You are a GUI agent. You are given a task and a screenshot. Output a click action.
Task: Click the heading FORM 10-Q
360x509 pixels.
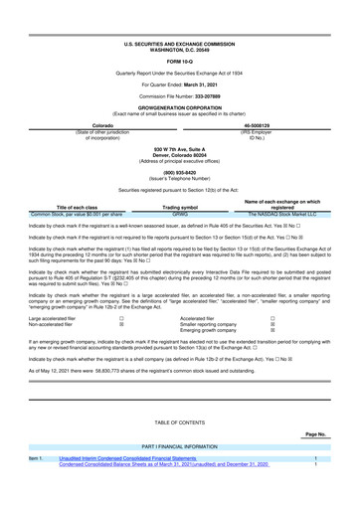(180, 62)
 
